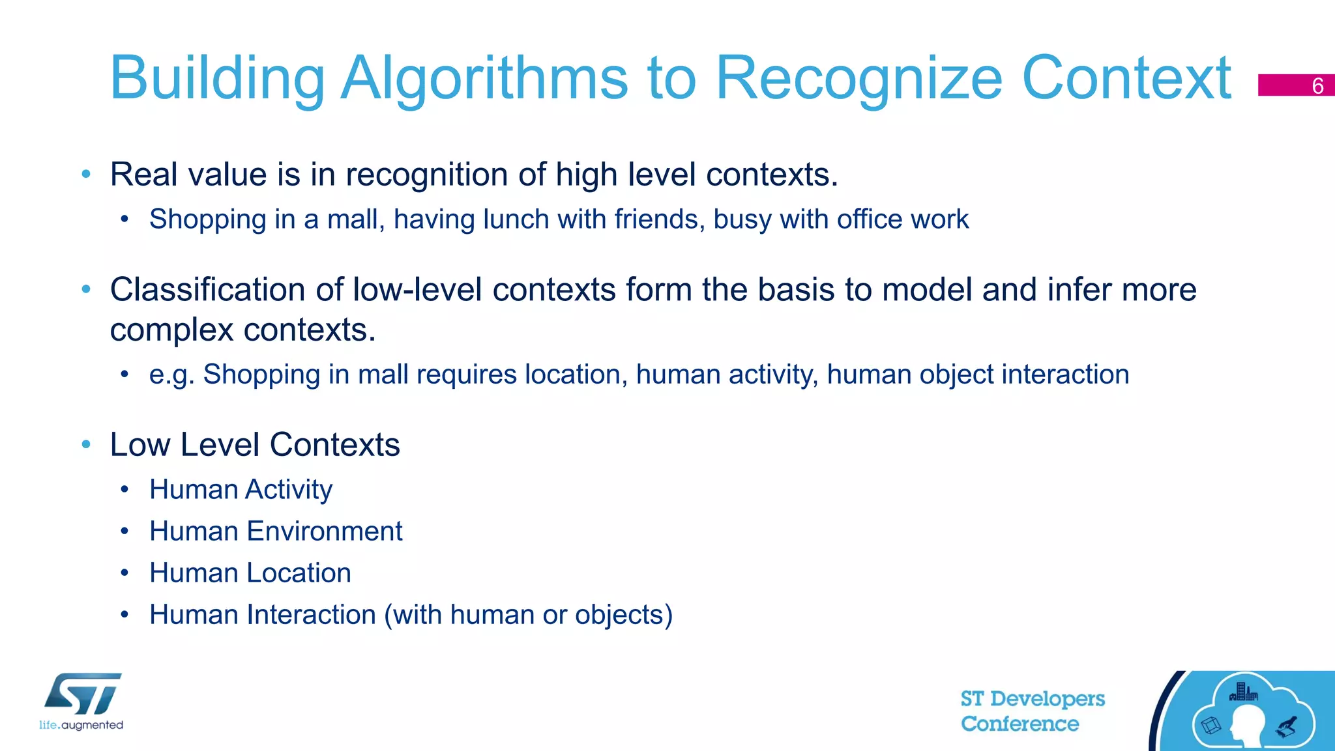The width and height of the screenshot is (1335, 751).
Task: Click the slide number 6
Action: pos(1317,86)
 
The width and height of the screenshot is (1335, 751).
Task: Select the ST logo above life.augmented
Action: pos(83,694)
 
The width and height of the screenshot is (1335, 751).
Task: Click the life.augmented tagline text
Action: pos(81,725)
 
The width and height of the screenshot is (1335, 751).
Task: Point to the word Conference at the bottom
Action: pos(1020,724)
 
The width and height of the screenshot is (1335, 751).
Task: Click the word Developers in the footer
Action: pos(1048,699)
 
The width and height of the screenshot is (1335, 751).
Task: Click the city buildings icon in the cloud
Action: pos(1244,692)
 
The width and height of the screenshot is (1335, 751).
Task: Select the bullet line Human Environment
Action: pos(276,531)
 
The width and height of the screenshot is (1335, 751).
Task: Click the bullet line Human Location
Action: pos(250,573)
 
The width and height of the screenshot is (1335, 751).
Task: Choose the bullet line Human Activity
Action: pos(241,490)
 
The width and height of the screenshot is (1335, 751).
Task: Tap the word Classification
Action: pos(207,290)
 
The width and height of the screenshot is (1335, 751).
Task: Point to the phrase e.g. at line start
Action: pos(171,375)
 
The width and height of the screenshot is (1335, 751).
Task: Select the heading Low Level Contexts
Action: pos(255,445)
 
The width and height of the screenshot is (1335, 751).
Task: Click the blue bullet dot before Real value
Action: pos(86,174)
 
